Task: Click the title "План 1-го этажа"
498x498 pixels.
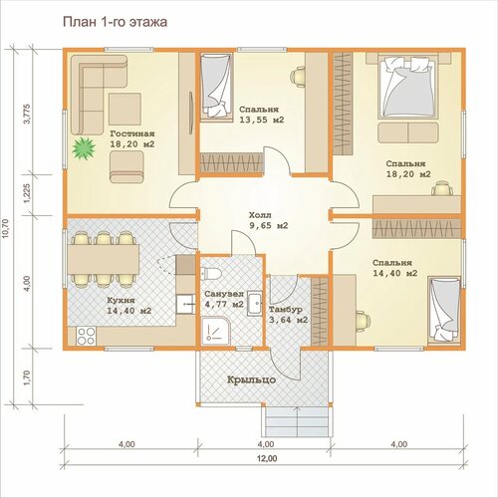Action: (115, 22)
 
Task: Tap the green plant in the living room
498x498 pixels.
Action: (84, 148)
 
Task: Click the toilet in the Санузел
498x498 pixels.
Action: (211, 274)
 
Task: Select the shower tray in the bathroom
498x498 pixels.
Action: (215, 331)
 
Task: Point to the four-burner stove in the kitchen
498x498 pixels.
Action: (87, 336)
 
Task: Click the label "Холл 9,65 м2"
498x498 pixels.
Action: (268, 220)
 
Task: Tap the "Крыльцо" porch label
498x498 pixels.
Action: (251, 379)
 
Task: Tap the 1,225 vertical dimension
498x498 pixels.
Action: (27, 194)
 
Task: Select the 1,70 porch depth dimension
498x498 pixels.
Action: (27, 377)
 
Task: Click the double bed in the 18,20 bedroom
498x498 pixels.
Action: (407, 87)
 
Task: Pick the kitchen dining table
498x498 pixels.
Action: (104, 259)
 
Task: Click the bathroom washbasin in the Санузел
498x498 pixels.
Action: (254, 304)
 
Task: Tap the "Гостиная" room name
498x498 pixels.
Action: (132, 133)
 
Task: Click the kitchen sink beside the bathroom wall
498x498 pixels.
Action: (185, 304)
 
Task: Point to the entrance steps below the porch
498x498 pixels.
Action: (297, 421)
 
